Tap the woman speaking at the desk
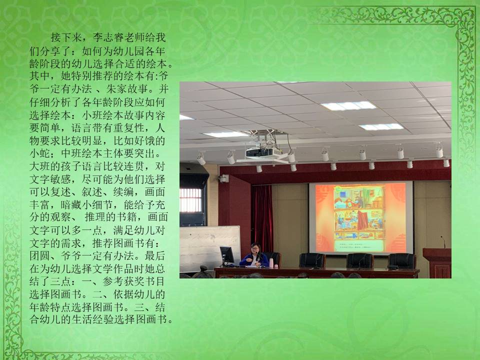pos(254,255)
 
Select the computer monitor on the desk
pos(227,255)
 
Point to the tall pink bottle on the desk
pos(271,263)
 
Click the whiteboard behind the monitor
pos(210,248)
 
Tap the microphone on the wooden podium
pos(443,242)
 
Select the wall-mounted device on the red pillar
pos(224,178)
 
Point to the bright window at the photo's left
pos(190,200)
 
